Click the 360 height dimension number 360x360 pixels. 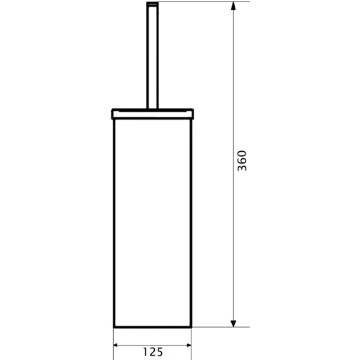point(242,161)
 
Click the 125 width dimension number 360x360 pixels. point(153,352)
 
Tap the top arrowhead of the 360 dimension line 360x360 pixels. point(233,5)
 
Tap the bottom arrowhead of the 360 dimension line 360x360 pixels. point(233,323)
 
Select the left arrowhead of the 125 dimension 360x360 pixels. point(117,346)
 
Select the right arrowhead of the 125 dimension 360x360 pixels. point(189,346)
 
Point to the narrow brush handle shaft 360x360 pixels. point(153,56)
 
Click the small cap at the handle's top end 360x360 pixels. point(153,3)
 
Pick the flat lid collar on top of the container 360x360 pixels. point(153,114)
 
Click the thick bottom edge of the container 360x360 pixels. point(153,327)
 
